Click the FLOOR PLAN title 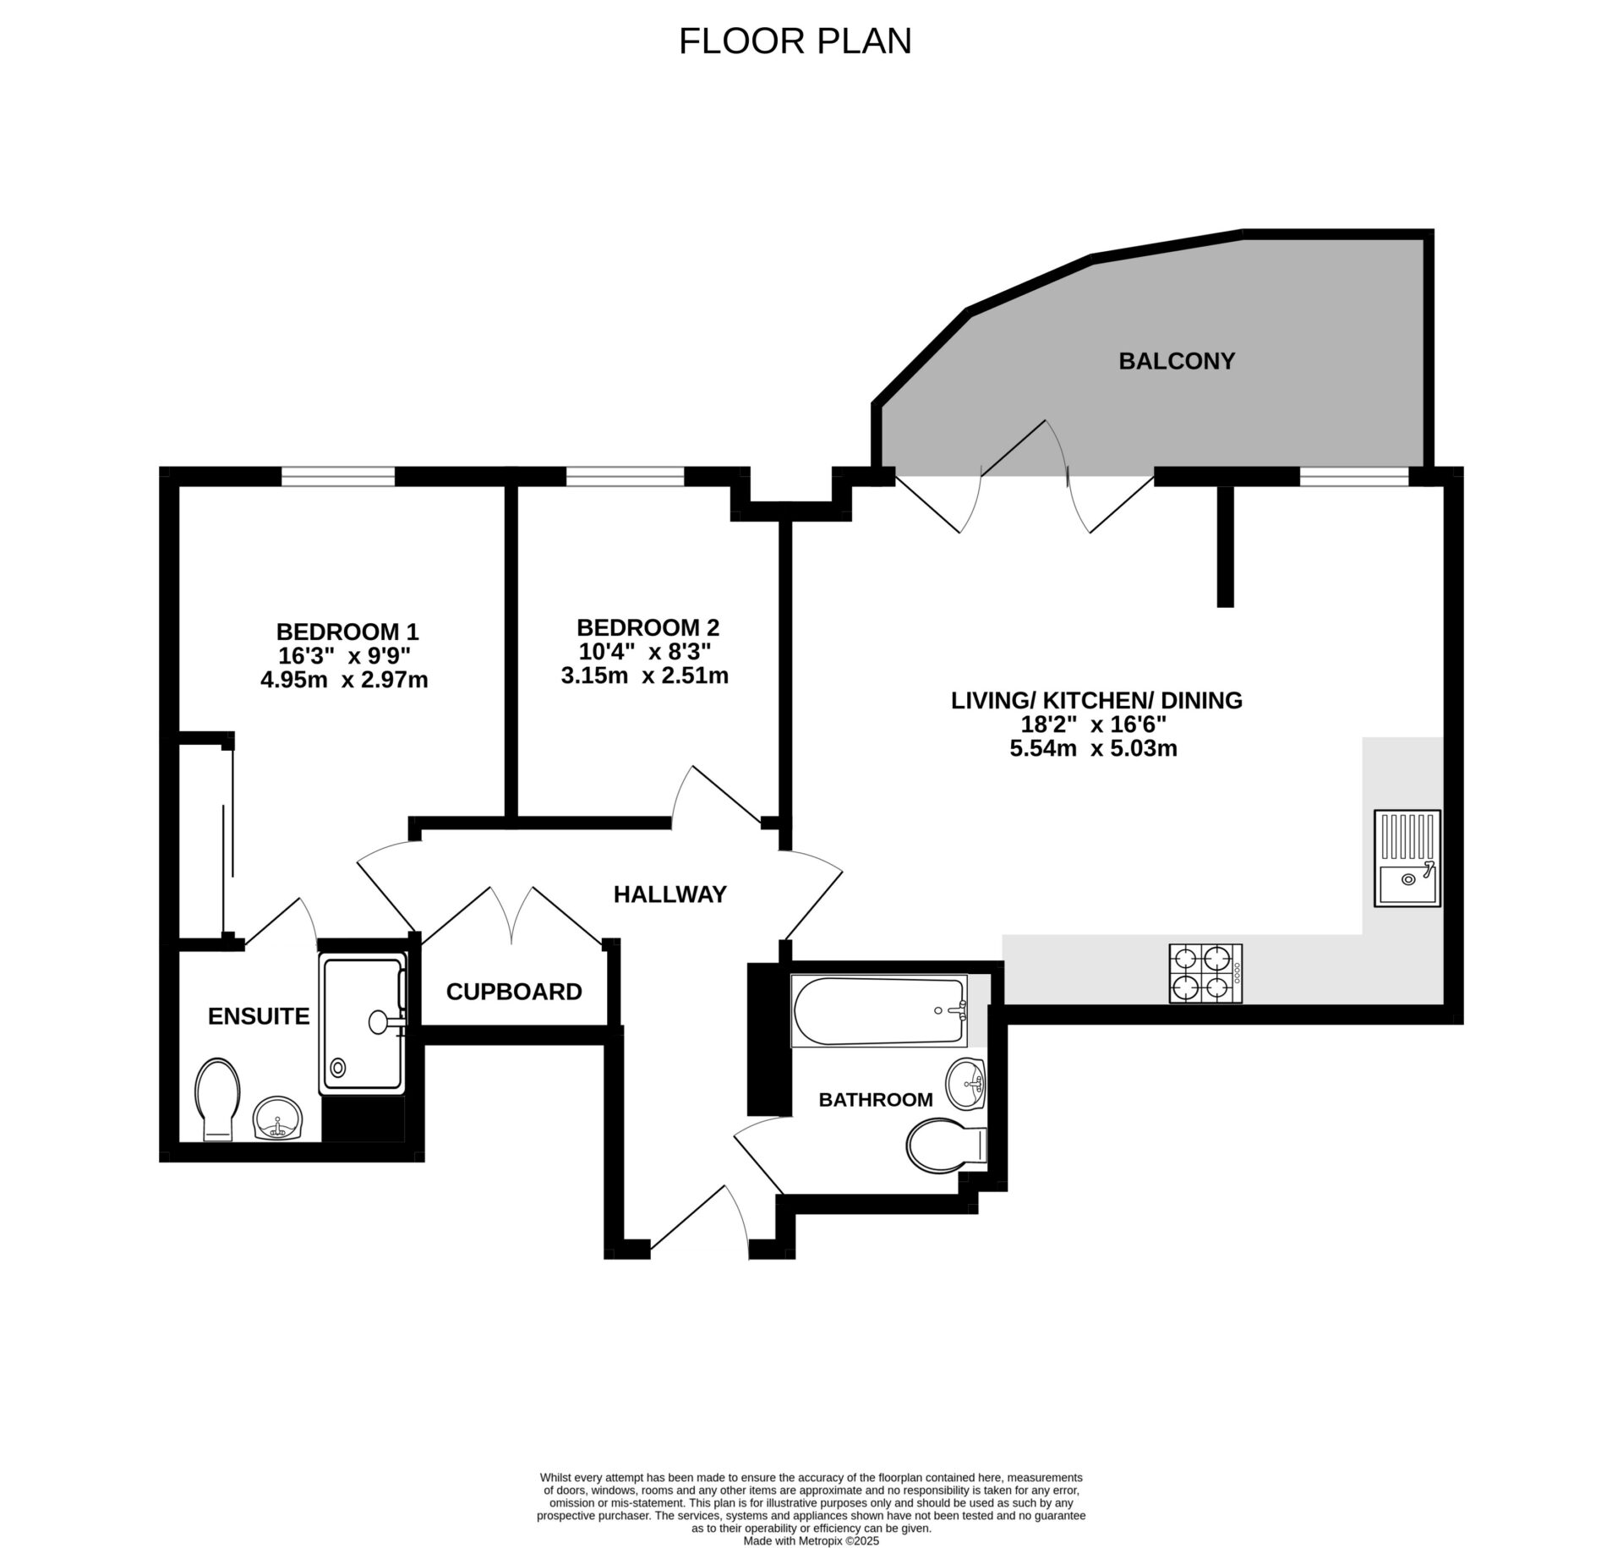coord(795,41)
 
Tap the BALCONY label coord(1177,361)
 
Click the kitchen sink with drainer coord(1407,858)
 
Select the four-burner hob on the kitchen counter coord(1205,973)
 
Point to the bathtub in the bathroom coord(879,1011)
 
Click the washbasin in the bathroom coord(966,1083)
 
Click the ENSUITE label coord(259,1016)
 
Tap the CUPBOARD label coord(514,992)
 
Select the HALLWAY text coord(669,894)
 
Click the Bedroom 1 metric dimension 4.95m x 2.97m coord(344,680)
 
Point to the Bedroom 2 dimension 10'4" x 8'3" coord(644,652)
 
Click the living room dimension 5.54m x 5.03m coord(1093,748)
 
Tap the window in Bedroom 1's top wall coord(338,478)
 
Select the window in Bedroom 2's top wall coord(625,478)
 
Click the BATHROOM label coord(876,1100)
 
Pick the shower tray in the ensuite coord(362,1024)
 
